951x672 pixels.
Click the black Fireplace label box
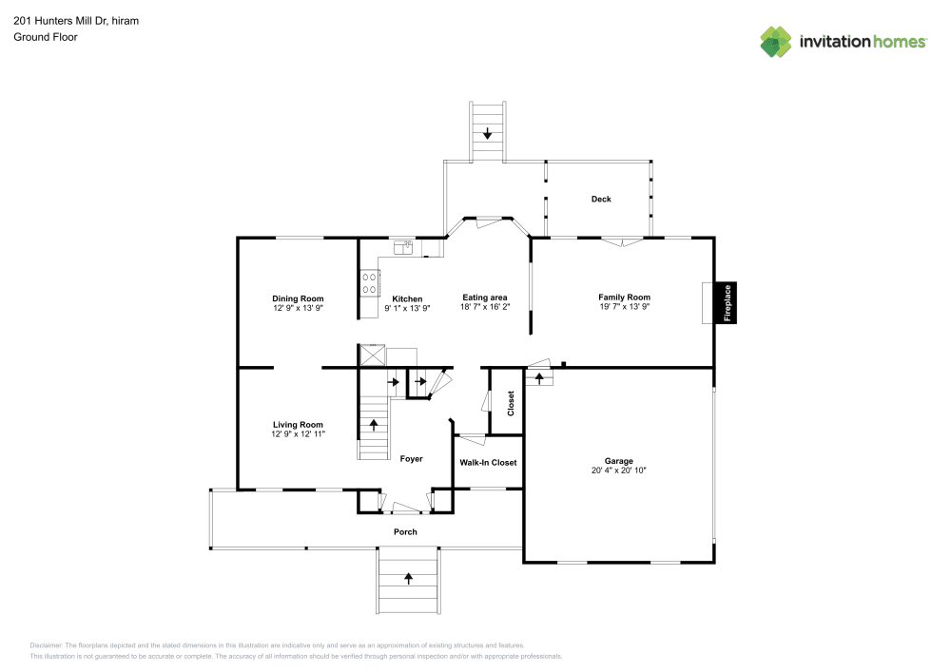[728, 303]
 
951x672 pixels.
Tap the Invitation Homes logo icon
[776, 41]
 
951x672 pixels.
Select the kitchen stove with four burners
[368, 284]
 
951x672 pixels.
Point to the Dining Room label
[299, 298]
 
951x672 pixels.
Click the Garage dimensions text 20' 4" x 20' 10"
[619, 471]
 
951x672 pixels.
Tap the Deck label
[601, 200]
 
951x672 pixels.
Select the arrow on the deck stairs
[488, 134]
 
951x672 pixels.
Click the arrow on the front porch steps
[409, 576]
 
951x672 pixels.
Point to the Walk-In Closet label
[488, 463]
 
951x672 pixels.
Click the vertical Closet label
[511, 404]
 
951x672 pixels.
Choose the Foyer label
[411, 459]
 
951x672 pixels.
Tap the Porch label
[406, 532]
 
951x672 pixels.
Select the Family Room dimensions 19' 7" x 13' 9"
[624, 308]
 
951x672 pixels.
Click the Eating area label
[485, 298]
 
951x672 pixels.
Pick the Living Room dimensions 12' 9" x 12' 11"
[298, 435]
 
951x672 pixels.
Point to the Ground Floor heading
[46, 37]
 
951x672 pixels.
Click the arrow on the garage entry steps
[540, 378]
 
